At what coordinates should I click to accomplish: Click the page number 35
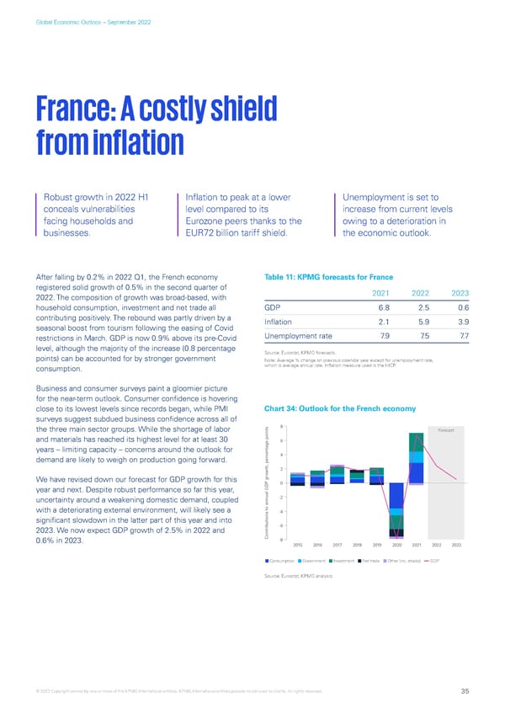tap(465, 692)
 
